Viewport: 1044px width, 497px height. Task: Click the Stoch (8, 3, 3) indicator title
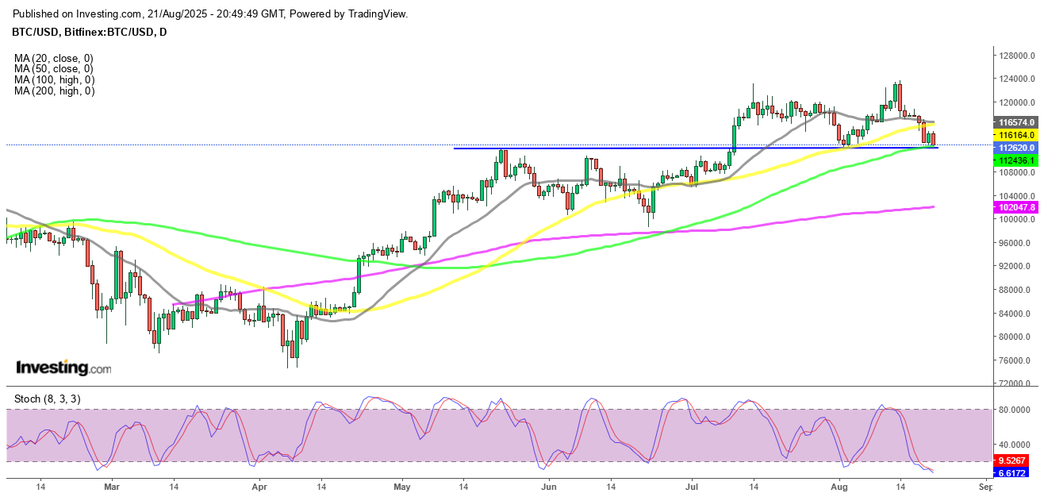[x=47, y=399]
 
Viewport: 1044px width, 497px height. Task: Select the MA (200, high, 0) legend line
[x=54, y=91]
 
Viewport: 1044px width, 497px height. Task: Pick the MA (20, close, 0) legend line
[x=54, y=58]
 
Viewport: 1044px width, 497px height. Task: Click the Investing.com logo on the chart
[x=63, y=368]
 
